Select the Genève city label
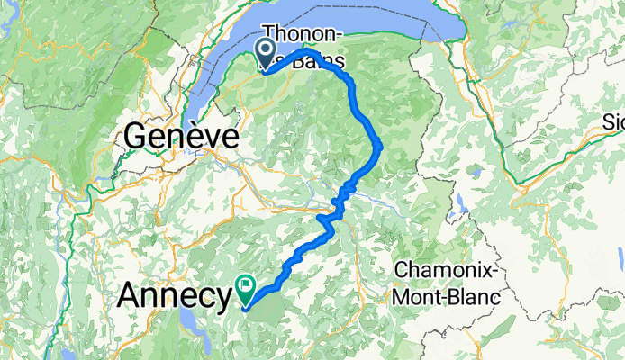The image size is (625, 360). pos(182,137)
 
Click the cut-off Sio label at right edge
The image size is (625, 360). pos(614,121)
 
